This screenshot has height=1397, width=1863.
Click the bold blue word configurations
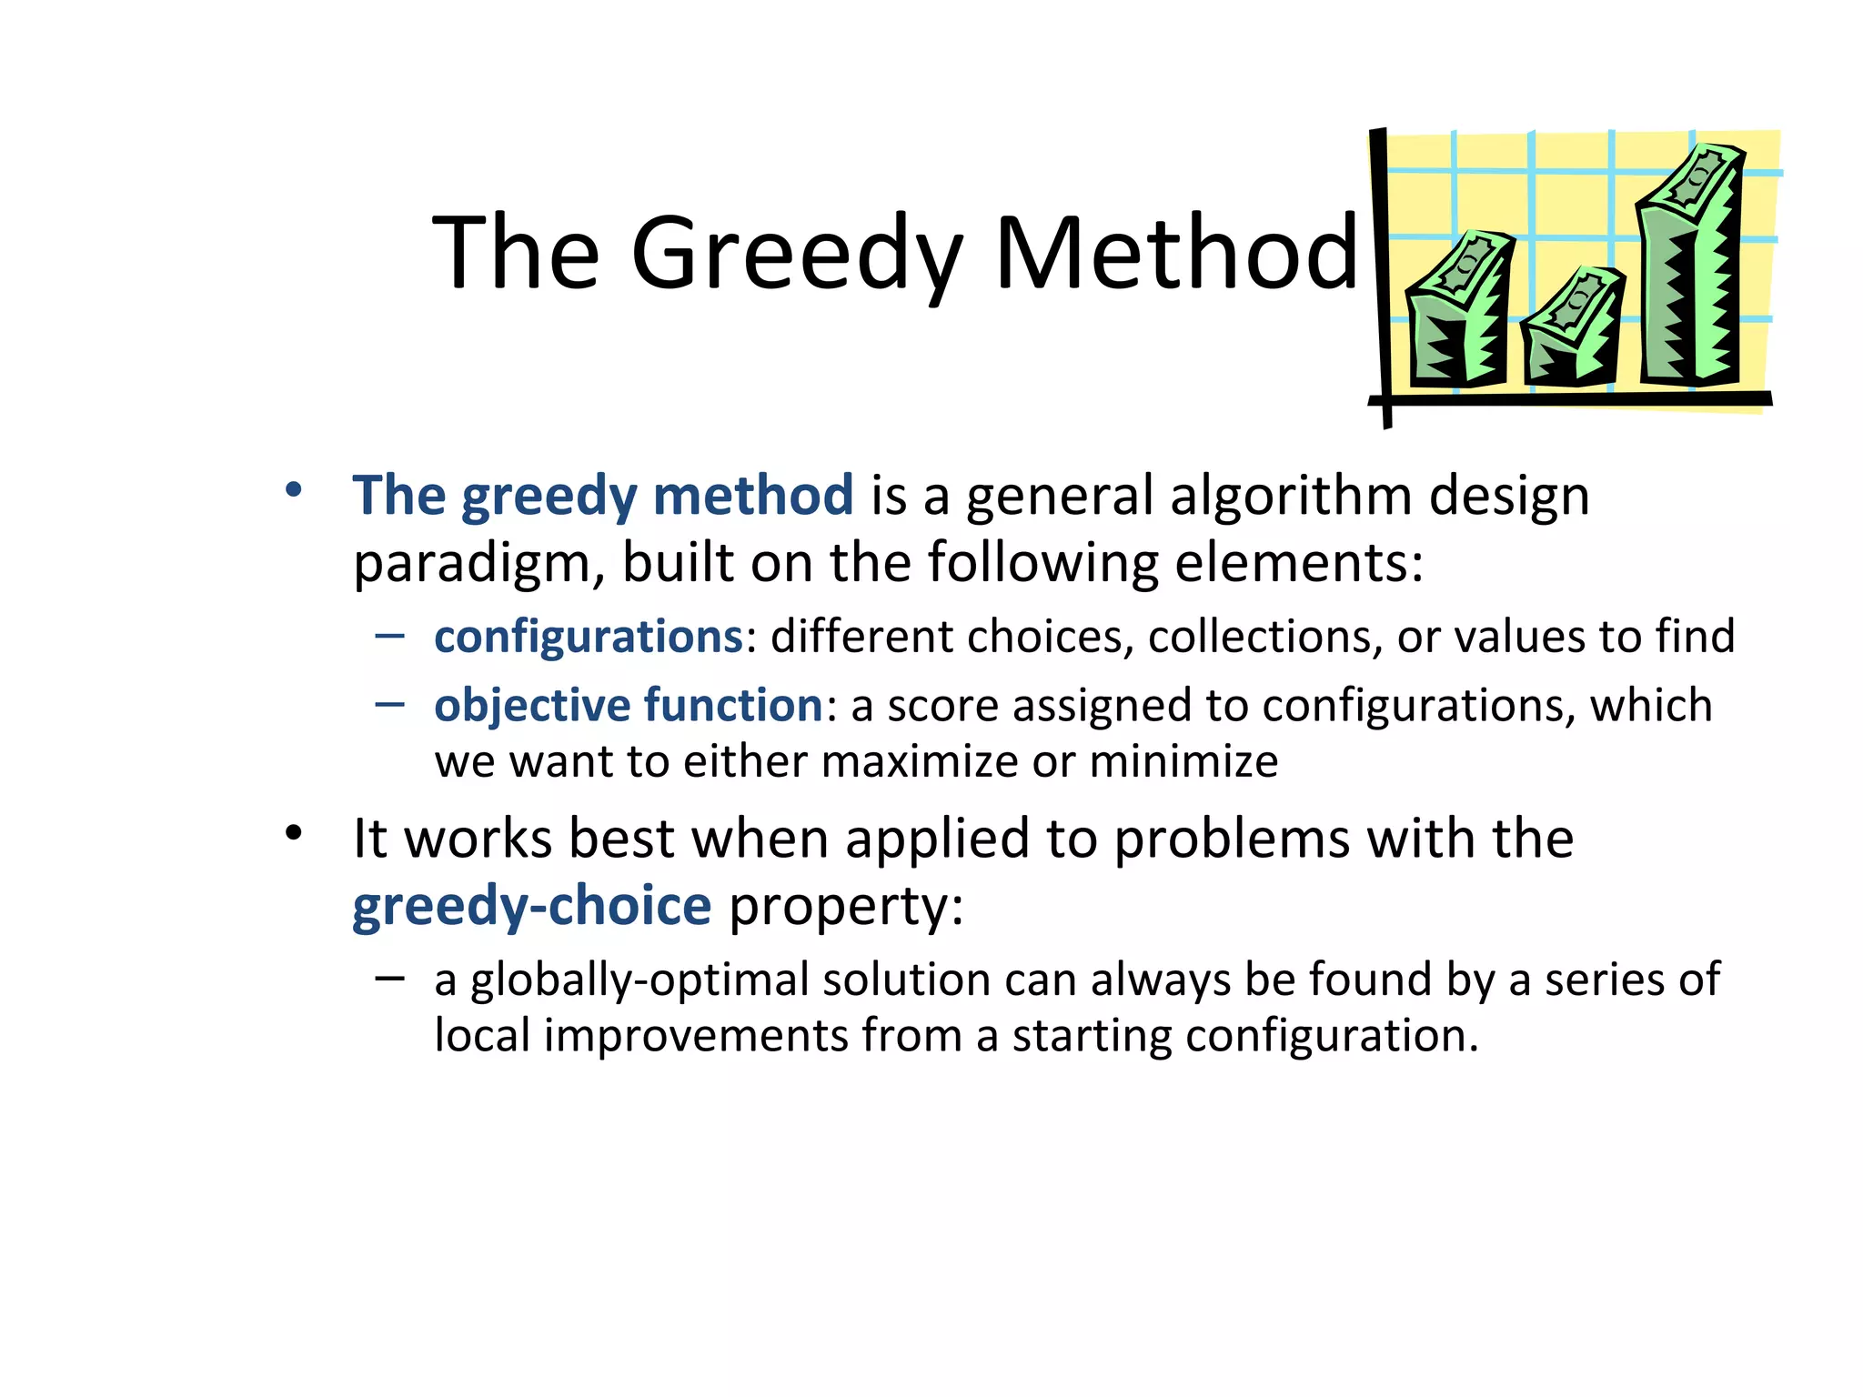tap(589, 637)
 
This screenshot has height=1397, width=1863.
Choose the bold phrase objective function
tap(629, 706)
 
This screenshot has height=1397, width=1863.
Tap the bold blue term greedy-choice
tap(531, 906)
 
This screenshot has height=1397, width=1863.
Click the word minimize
tap(1183, 761)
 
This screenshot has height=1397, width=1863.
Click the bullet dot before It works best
tap(293, 833)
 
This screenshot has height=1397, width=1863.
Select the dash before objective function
tap(389, 704)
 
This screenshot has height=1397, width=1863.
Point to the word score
tap(942, 707)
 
